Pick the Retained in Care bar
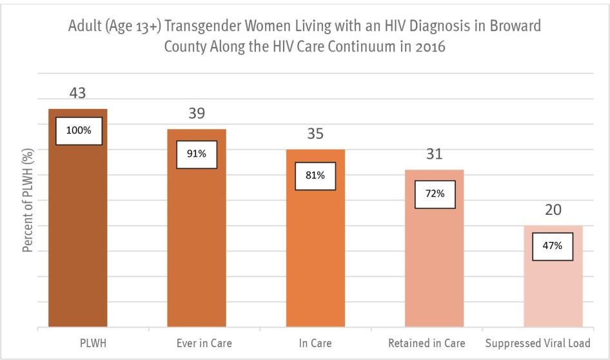tap(434, 265)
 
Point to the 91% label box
tap(197, 154)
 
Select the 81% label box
tap(315, 175)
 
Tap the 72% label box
tap(435, 194)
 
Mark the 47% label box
tap(553, 246)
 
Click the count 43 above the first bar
tap(78, 94)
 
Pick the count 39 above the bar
tap(197, 114)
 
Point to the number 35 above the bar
tap(315, 134)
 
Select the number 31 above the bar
tap(434, 154)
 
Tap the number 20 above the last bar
tap(553, 210)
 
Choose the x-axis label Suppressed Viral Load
tap(537, 343)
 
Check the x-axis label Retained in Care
tap(426, 343)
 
